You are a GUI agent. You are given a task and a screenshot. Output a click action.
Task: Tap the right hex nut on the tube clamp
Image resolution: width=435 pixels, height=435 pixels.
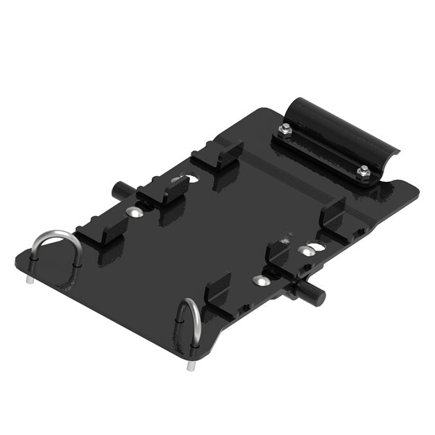coord(362,171)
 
